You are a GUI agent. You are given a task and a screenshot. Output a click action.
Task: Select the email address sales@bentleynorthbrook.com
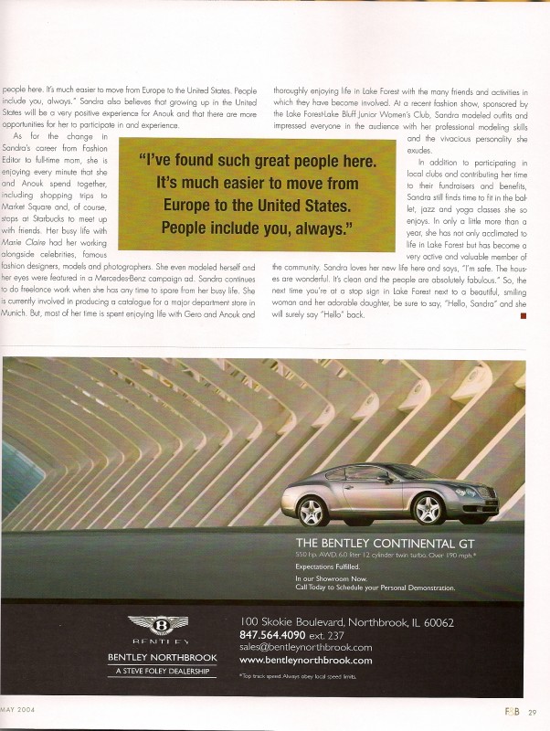pos(305,648)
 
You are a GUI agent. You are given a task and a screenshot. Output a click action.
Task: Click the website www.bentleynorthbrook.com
pos(305,660)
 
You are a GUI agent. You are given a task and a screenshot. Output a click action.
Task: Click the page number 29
pos(532,711)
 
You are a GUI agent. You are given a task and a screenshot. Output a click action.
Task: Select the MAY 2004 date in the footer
pos(18,710)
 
